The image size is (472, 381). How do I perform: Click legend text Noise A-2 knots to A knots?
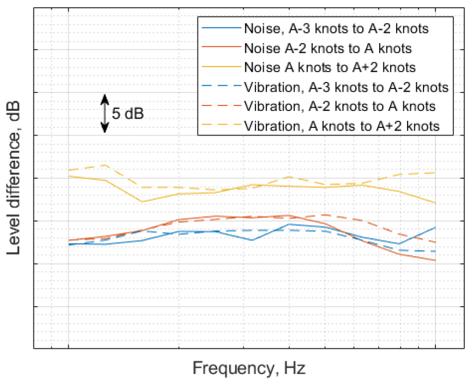pyautogui.click(x=328, y=48)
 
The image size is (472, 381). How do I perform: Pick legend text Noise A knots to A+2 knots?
pyautogui.click(x=331, y=67)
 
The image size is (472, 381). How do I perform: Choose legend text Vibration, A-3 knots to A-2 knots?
pyautogui.click(x=346, y=87)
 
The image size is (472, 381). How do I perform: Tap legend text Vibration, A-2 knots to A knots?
pyautogui.click(x=339, y=106)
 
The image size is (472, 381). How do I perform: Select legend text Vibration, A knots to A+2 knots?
pyautogui.click(x=342, y=126)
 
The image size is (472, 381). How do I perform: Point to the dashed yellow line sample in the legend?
pyautogui.click(x=221, y=126)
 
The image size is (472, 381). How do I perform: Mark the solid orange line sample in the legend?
pyautogui.click(x=221, y=48)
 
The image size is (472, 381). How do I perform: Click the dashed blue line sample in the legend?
pyautogui.click(x=221, y=87)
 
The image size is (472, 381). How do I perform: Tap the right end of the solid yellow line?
pyautogui.click(x=435, y=203)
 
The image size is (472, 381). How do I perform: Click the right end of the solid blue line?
pyautogui.click(x=435, y=227)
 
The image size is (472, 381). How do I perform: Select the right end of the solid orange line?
pyautogui.click(x=435, y=260)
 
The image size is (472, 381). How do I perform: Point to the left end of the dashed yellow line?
pyautogui.click(x=69, y=170)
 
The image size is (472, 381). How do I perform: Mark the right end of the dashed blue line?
pyautogui.click(x=435, y=251)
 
